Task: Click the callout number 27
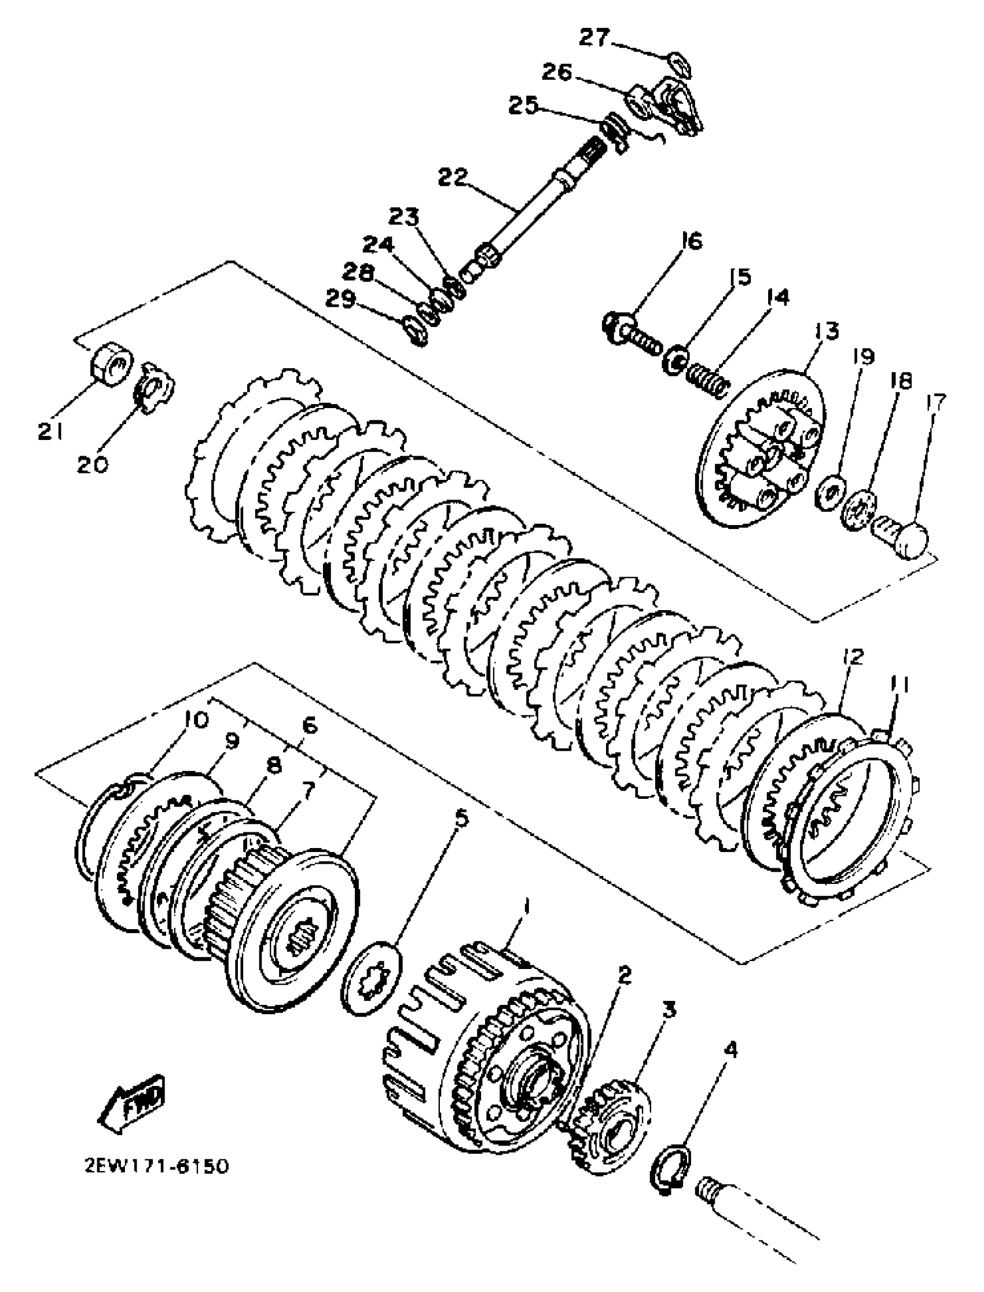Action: point(594,39)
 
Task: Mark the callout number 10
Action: point(196,719)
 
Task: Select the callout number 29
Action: point(340,300)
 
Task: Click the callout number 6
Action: point(309,727)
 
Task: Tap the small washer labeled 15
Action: point(675,361)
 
